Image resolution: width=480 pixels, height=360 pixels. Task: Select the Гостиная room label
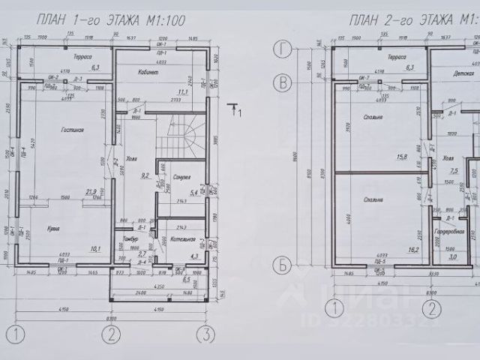tap(73, 130)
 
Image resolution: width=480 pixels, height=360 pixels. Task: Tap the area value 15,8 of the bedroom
tap(401, 157)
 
